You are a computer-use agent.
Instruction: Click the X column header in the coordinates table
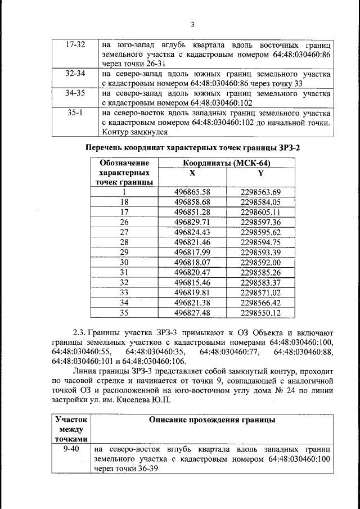[193, 173]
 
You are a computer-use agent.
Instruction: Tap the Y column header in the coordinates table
[260, 173]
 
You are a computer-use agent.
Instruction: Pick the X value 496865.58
[193, 192]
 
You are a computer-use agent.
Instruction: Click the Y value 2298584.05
[260, 202]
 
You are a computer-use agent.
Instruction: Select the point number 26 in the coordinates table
[124, 222]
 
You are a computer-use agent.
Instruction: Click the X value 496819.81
[193, 292]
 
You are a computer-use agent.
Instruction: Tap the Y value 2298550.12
[260, 313]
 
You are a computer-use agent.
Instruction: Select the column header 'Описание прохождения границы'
[212, 420]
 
